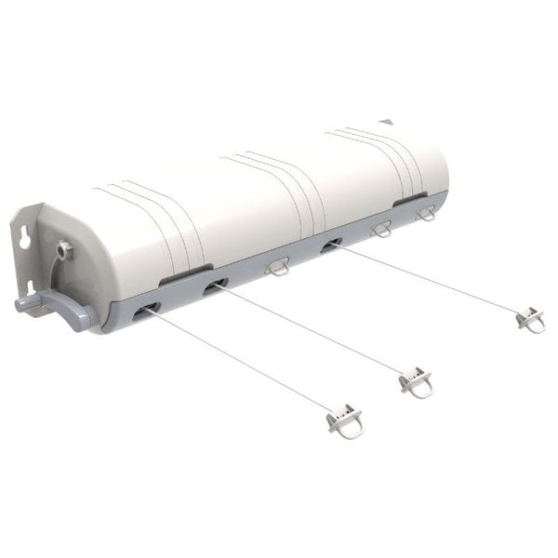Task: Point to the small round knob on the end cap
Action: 64,250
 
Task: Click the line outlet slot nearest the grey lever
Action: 146,310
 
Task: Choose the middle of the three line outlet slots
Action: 215,284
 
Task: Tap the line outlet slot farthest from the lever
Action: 330,245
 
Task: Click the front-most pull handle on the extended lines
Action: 343,420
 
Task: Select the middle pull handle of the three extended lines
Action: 416,380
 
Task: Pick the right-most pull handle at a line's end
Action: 530,319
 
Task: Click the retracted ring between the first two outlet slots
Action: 278,267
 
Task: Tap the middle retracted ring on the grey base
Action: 381,229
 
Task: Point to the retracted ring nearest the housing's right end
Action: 426,214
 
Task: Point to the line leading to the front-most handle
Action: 242,363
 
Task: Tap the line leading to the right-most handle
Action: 428,279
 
